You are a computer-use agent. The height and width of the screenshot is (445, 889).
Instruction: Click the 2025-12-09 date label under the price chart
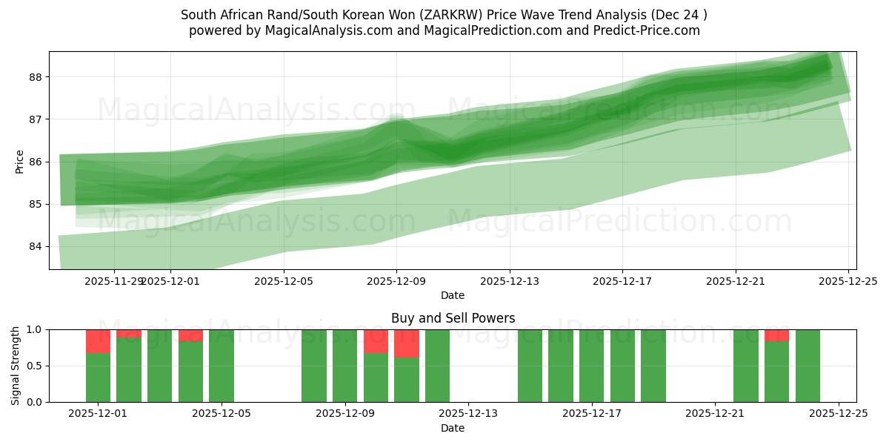coord(396,281)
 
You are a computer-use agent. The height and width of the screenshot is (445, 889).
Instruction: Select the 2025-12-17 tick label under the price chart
coord(622,281)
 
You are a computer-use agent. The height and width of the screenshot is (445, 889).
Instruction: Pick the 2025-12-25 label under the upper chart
coord(848,281)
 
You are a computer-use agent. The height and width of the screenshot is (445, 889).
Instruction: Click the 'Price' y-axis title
coord(20,162)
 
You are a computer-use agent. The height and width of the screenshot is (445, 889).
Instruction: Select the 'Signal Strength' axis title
coord(16,366)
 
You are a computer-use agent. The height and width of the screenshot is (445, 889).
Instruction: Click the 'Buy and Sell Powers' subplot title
coord(453,319)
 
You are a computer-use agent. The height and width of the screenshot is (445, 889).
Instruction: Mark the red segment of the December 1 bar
coord(98,341)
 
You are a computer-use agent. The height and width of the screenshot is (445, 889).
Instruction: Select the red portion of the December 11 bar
coord(407,343)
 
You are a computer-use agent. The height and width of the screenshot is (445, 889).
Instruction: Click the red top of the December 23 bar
coord(776,335)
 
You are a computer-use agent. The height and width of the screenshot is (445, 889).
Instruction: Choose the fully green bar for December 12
coord(437,366)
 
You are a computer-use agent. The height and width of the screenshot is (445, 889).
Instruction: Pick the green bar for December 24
coord(808,366)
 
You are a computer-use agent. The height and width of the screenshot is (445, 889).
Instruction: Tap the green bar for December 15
coord(530,366)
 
